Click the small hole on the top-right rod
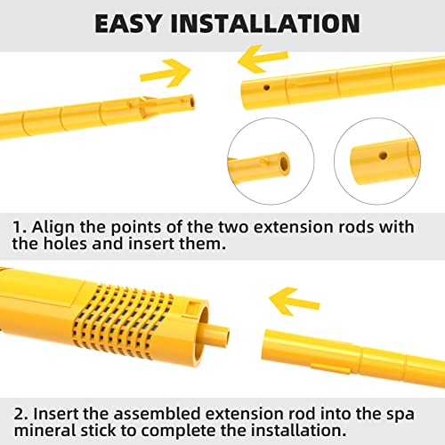tap(267, 88)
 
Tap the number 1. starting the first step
tap(22, 227)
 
